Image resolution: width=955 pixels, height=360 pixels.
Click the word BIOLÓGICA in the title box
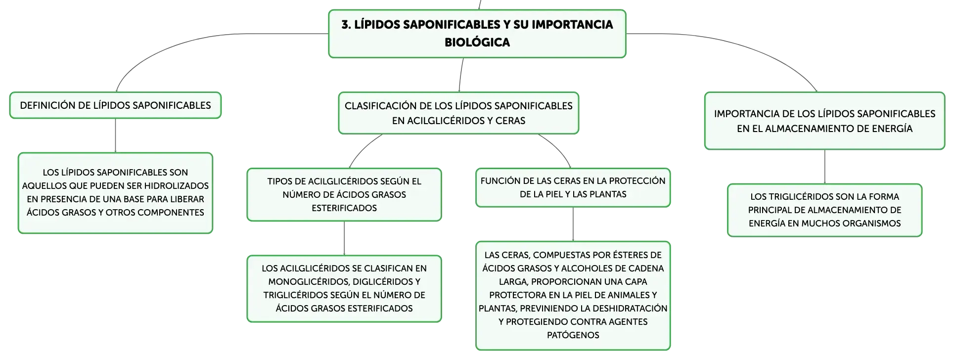(477, 42)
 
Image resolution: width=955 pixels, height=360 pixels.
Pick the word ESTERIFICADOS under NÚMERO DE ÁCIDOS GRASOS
(344, 208)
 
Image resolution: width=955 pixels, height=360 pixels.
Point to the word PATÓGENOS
(573, 335)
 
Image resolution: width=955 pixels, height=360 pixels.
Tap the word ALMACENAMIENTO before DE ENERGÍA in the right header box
(814, 129)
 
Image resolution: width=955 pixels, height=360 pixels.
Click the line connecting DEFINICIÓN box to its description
(115, 135)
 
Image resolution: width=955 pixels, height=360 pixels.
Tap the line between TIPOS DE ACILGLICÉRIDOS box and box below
(344, 238)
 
